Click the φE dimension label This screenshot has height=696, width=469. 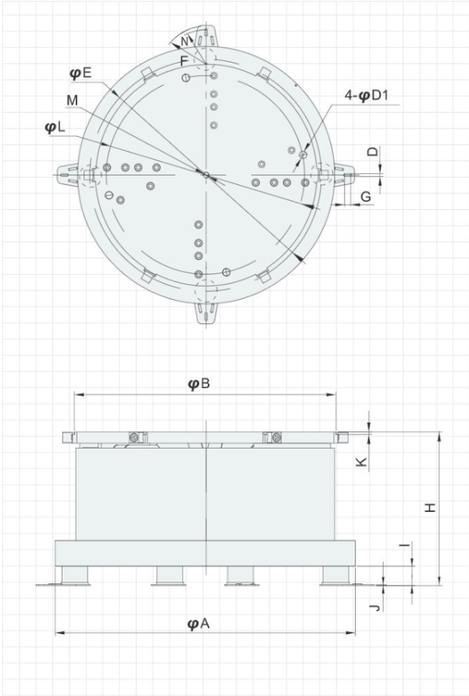[x=81, y=73]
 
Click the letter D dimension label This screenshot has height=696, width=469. [x=373, y=150]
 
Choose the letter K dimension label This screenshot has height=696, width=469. [x=361, y=462]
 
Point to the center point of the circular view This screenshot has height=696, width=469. [x=206, y=174]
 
